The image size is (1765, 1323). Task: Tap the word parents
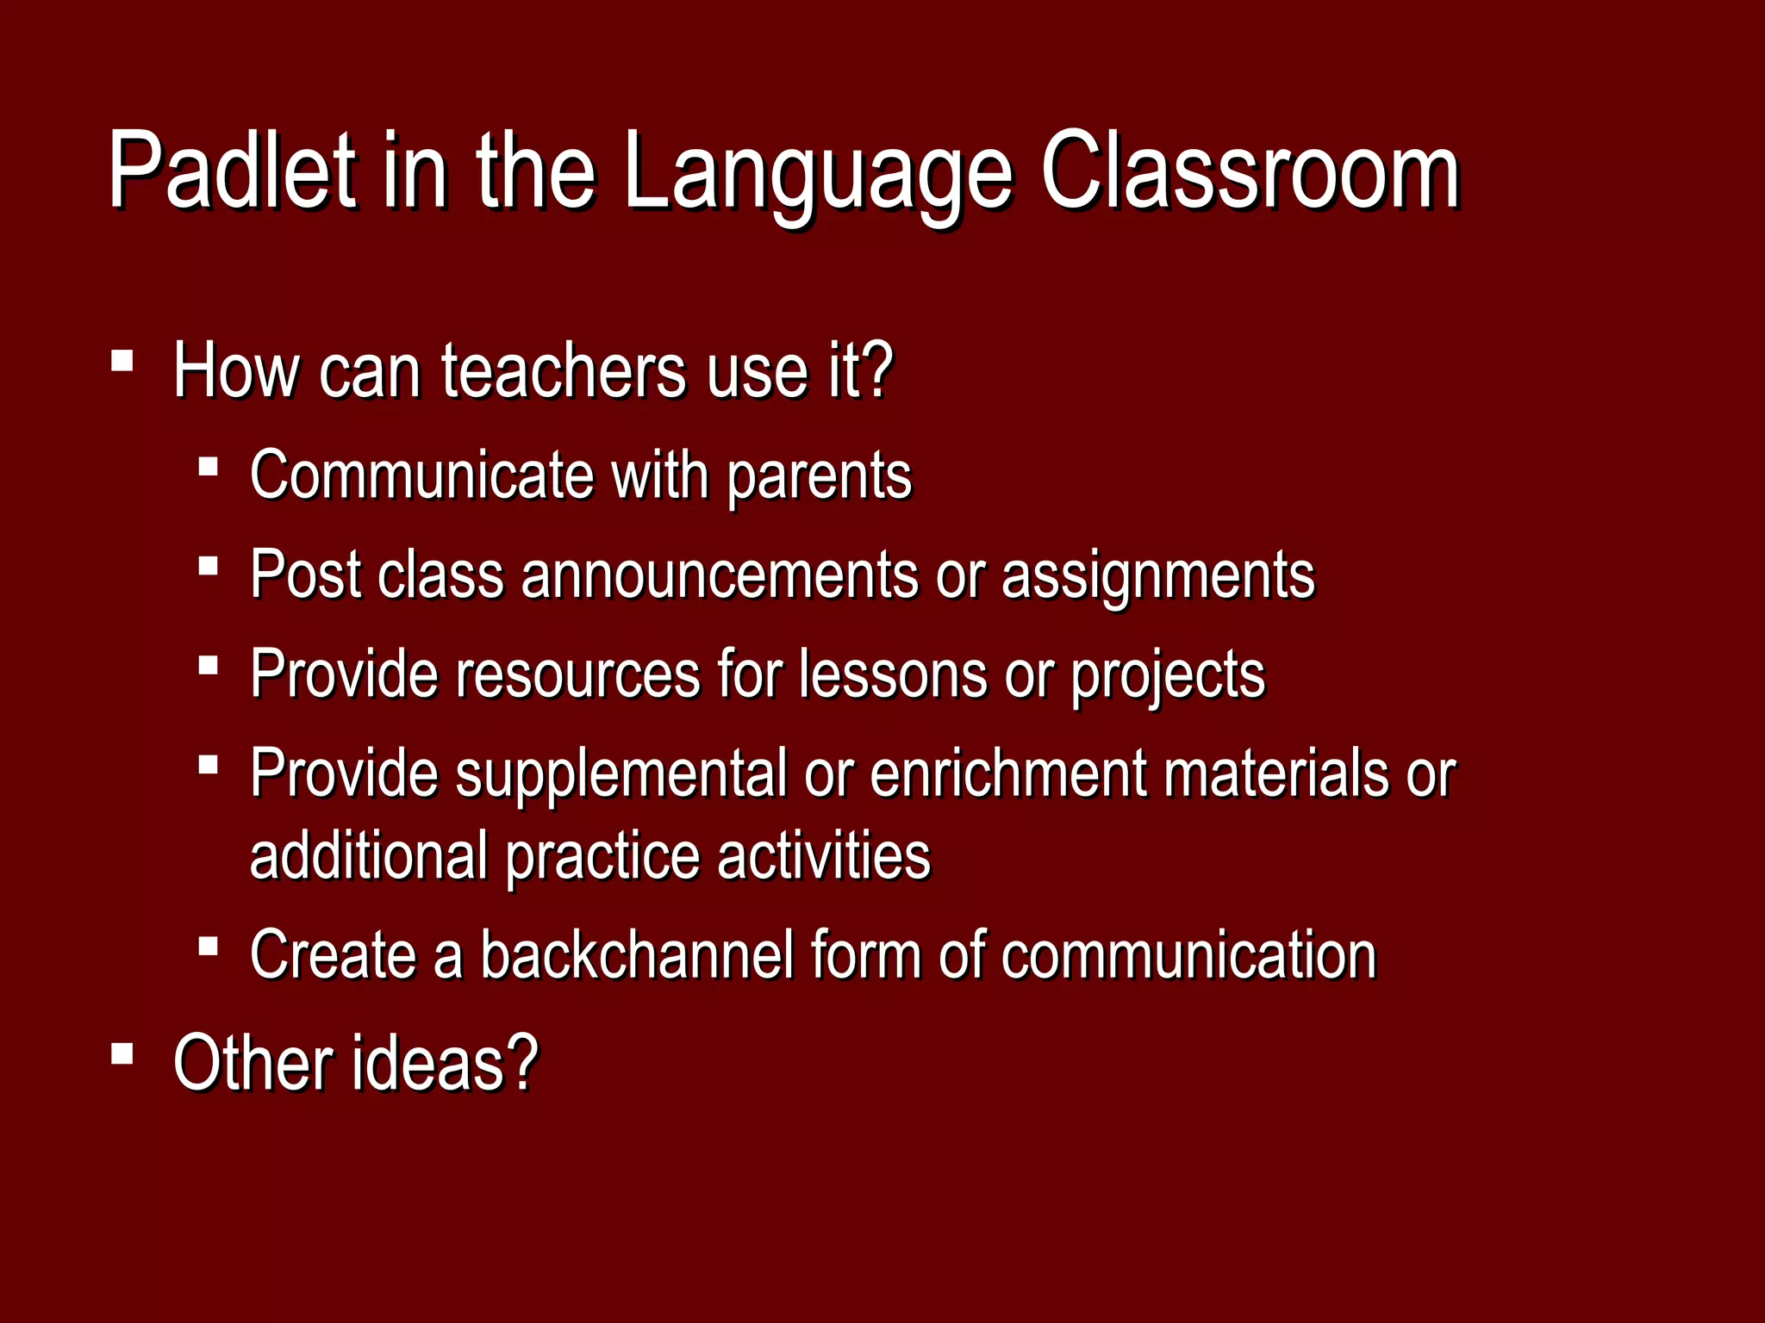[819, 478]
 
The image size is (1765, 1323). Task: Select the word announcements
[720, 575]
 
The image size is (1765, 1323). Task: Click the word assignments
[1158, 577]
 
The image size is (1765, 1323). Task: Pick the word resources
[577, 674]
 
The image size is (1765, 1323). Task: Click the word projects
[1168, 676]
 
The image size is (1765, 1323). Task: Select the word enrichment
[1008, 773]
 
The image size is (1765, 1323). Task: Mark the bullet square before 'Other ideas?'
[122, 1053]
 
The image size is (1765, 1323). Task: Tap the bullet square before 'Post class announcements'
[208, 566]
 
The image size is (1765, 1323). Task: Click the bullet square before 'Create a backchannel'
[208, 947]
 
